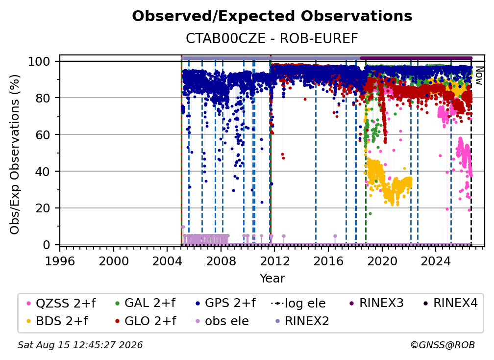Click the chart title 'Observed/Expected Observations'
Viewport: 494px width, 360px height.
click(272, 16)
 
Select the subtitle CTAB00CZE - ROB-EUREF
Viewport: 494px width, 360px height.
click(272, 39)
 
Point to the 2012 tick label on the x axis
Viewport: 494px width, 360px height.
click(275, 261)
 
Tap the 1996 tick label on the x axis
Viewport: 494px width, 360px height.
click(60, 261)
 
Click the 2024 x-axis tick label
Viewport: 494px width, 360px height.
click(436, 261)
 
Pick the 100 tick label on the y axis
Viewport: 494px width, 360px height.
click(39, 61)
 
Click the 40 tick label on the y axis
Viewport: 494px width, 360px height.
click(43, 172)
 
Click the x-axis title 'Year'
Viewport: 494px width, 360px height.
click(272, 279)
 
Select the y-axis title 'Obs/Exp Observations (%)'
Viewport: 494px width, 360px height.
click(15, 154)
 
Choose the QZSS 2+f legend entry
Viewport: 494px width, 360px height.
click(61, 303)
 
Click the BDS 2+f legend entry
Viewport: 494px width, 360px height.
click(57, 321)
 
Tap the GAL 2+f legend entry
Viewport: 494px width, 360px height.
click(145, 303)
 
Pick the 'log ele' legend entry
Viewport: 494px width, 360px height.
click(298, 303)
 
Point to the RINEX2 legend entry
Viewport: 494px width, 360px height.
click(302, 321)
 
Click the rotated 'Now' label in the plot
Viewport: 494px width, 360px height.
click(479, 76)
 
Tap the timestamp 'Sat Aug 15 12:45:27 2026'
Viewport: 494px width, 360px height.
click(80, 345)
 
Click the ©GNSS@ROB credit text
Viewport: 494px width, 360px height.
click(443, 345)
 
